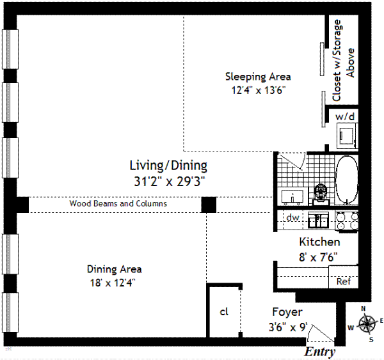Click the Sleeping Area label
click(x=258, y=77)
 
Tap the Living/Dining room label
click(x=168, y=166)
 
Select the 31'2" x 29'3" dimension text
click(x=169, y=182)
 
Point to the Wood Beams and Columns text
click(x=118, y=203)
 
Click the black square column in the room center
click(x=209, y=205)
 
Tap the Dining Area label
click(x=114, y=269)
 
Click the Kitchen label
click(x=319, y=242)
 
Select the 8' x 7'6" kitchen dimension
click(x=318, y=257)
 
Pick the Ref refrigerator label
click(x=344, y=281)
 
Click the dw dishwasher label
click(x=292, y=217)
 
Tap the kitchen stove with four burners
click(x=347, y=221)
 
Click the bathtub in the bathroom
click(x=346, y=180)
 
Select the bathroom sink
click(x=292, y=197)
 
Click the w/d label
click(x=345, y=116)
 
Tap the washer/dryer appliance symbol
click(x=348, y=136)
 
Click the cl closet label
click(x=224, y=312)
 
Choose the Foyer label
click(x=287, y=312)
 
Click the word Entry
click(x=319, y=352)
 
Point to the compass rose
click(x=367, y=324)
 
